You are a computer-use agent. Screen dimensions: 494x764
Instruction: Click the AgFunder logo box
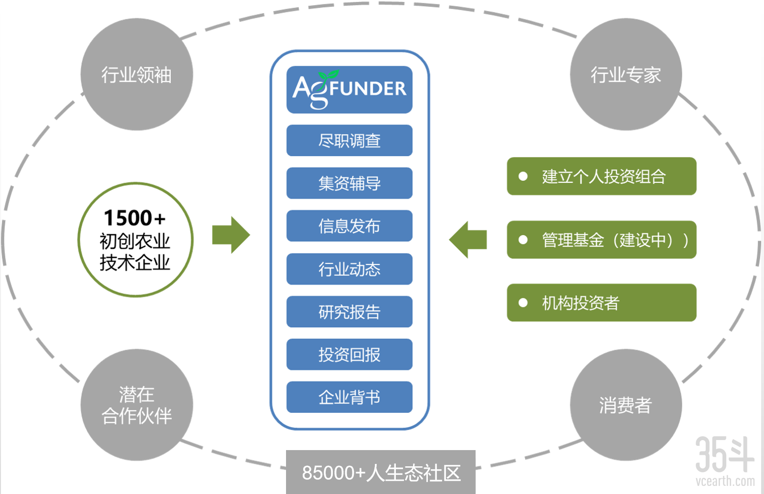349,90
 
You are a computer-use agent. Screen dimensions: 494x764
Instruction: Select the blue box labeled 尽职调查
349,140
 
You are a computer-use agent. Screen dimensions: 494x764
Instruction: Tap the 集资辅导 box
349,183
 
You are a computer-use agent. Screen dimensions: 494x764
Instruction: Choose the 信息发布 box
349,226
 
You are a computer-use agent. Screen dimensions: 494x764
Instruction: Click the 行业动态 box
349,269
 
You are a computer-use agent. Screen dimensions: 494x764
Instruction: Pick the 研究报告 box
349,312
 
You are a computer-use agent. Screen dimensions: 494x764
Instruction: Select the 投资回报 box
349,355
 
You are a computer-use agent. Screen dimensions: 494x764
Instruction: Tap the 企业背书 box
349,397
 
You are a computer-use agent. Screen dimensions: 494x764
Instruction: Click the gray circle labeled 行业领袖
137,74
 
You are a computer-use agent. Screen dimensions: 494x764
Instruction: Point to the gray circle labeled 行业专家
626,74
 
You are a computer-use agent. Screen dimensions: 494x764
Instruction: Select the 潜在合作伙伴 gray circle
137,405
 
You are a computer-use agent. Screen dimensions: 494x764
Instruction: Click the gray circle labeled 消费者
626,405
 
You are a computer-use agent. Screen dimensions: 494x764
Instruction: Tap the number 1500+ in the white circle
135,218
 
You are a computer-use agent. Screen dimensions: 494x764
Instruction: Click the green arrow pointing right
231,235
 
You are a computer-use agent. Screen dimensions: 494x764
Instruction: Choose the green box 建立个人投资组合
601,176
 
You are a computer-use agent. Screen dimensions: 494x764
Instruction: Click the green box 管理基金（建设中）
601,240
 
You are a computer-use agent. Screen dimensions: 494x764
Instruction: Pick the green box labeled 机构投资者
601,303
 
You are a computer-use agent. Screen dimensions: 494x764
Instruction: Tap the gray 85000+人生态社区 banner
381,473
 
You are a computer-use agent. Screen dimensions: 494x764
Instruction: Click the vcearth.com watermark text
725,481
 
